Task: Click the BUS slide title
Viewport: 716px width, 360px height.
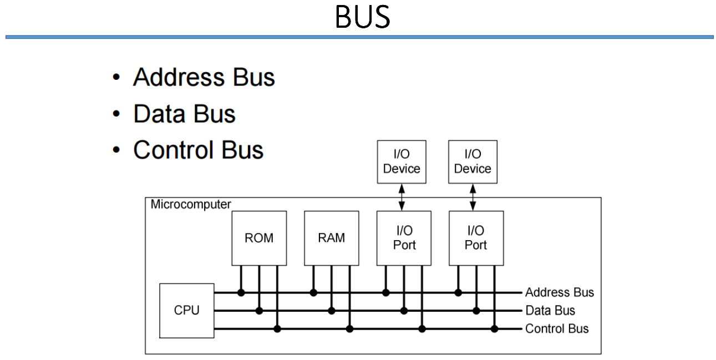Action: (363, 18)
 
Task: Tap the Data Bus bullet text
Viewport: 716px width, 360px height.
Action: (184, 114)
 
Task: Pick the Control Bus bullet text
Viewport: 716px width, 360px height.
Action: (198, 149)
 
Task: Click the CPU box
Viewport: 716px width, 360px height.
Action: (186, 310)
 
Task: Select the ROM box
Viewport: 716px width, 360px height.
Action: (259, 238)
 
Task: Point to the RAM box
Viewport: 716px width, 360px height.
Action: (332, 238)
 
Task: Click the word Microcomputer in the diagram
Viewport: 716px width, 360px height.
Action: (191, 204)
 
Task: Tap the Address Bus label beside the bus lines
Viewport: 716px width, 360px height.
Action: (559, 292)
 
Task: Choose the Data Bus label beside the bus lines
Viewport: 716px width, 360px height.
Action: (550, 311)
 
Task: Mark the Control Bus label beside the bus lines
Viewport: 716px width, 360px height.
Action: (557, 328)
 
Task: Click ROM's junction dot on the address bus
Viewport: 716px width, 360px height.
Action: (241, 292)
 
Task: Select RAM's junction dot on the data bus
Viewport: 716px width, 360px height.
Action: (332, 311)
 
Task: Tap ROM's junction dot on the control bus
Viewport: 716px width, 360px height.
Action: (277, 329)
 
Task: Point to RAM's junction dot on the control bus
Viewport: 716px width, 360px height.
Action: (349, 329)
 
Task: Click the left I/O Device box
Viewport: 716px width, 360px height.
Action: (402, 161)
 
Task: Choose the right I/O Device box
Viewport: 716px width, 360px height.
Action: (473, 161)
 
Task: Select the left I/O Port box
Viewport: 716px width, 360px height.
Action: (404, 238)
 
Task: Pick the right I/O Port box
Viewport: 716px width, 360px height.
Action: (475, 238)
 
